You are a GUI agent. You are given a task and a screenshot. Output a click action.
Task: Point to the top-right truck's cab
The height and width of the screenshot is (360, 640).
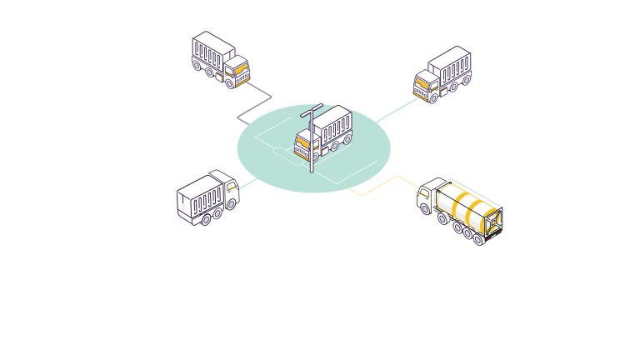point(425,86)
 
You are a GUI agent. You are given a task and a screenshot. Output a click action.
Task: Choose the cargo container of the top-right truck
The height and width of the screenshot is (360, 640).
point(451,66)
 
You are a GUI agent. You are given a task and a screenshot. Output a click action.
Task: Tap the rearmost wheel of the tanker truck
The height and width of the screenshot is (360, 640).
point(479,239)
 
